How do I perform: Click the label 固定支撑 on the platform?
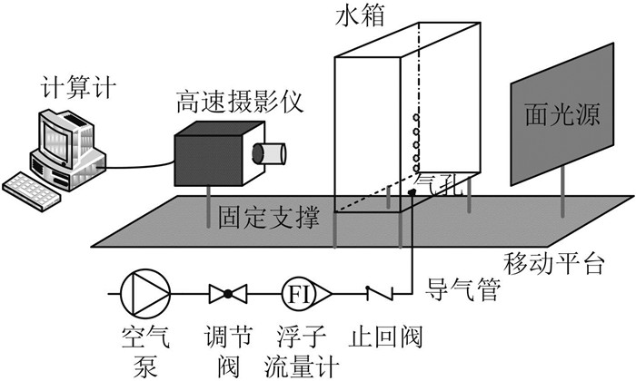pos(269,219)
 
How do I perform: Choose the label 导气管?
pos(461,293)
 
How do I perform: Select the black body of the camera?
pos(211,158)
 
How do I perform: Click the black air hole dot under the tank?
pos(412,193)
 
